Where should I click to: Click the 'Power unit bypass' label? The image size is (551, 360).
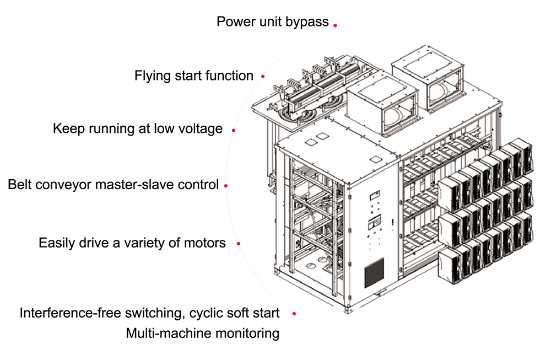pyautogui.click(x=272, y=22)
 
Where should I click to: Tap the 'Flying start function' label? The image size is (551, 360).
pyautogui.click(x=194, y=76)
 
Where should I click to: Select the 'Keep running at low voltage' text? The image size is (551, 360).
pyautogui.click(x=138, y=129)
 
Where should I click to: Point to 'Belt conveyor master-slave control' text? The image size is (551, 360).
pyautogui.click(x=114, y=184)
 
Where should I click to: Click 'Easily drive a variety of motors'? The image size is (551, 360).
pyautogui.click(x=132, y=243)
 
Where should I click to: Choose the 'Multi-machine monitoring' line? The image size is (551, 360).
pyautogui.click(x=202, y=333)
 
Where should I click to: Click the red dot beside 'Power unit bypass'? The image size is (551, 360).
pyautogui.click(x=335, y=24)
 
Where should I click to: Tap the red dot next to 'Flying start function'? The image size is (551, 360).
pyautogui.click(x=263, y=76)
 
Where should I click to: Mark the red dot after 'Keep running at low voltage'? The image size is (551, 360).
pyautogui.click(x=234, y=131)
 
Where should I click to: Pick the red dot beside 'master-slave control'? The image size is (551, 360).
pyautogui.click(x=226, y=186)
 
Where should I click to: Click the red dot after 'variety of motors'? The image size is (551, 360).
pyautogui.click(x=239, y=243)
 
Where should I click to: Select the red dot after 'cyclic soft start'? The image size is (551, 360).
pyautogui.click(x=294, y=314)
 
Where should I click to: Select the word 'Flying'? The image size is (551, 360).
pyautogui.click(x=152, y=76)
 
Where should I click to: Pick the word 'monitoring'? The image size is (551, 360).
pyautogui.click(x=246, y=334)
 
